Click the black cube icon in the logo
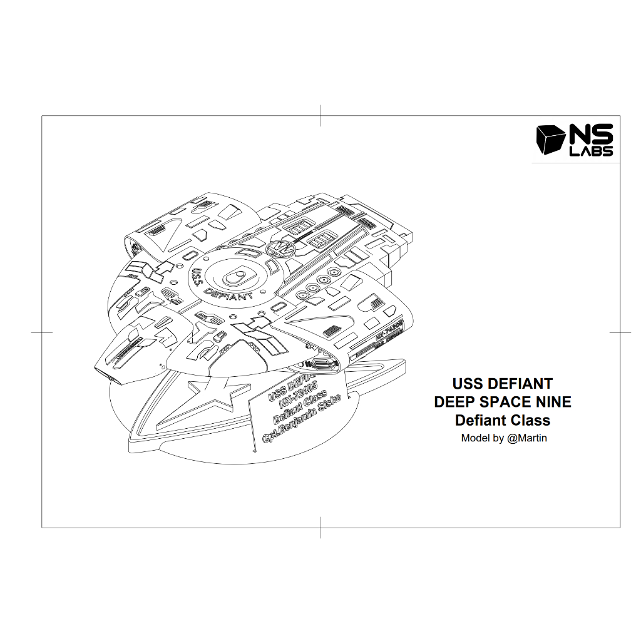click(x=550, y=140)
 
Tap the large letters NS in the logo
click(x=591, y=136)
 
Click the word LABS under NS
click(x=591, y=151)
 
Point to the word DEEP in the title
click(x=455, y=401)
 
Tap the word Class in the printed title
click(x=529, y=420)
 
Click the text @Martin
click(x=526, y=438)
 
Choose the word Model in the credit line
click(x=476, y=438)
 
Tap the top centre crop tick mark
click(x=320, y=116)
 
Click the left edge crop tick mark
click(x=41, y=332)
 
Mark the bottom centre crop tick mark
click(x=320, y=528)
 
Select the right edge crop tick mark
click(x=620, y=332)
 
